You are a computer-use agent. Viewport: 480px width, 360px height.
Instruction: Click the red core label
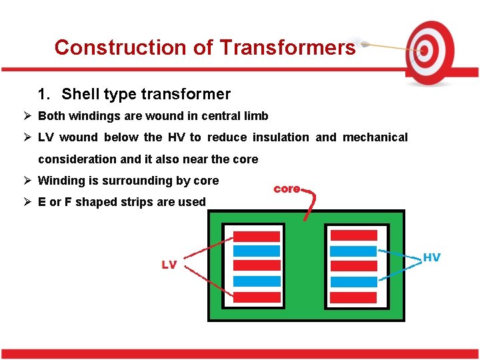coord(287,189)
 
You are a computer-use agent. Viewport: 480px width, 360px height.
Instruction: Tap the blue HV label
coord(431,257)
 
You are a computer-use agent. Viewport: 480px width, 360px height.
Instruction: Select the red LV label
coord(169,265)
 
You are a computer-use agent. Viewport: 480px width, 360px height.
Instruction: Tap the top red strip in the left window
coord(257,236)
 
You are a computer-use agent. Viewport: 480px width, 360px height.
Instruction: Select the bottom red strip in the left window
coord(257,297)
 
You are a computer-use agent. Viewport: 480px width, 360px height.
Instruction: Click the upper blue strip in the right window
coord(354,251)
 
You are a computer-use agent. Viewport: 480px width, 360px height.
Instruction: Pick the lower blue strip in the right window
coord(354,281)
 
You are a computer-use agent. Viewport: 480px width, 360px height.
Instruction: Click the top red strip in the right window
coord(354,235)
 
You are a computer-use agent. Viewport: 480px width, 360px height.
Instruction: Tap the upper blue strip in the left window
coord(257,251)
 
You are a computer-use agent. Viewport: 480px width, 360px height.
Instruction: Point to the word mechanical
coord(375,137)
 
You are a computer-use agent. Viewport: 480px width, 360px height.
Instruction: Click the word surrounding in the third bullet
coord(137,181)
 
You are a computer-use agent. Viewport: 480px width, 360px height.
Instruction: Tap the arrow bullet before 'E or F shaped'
coord(28,201)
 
